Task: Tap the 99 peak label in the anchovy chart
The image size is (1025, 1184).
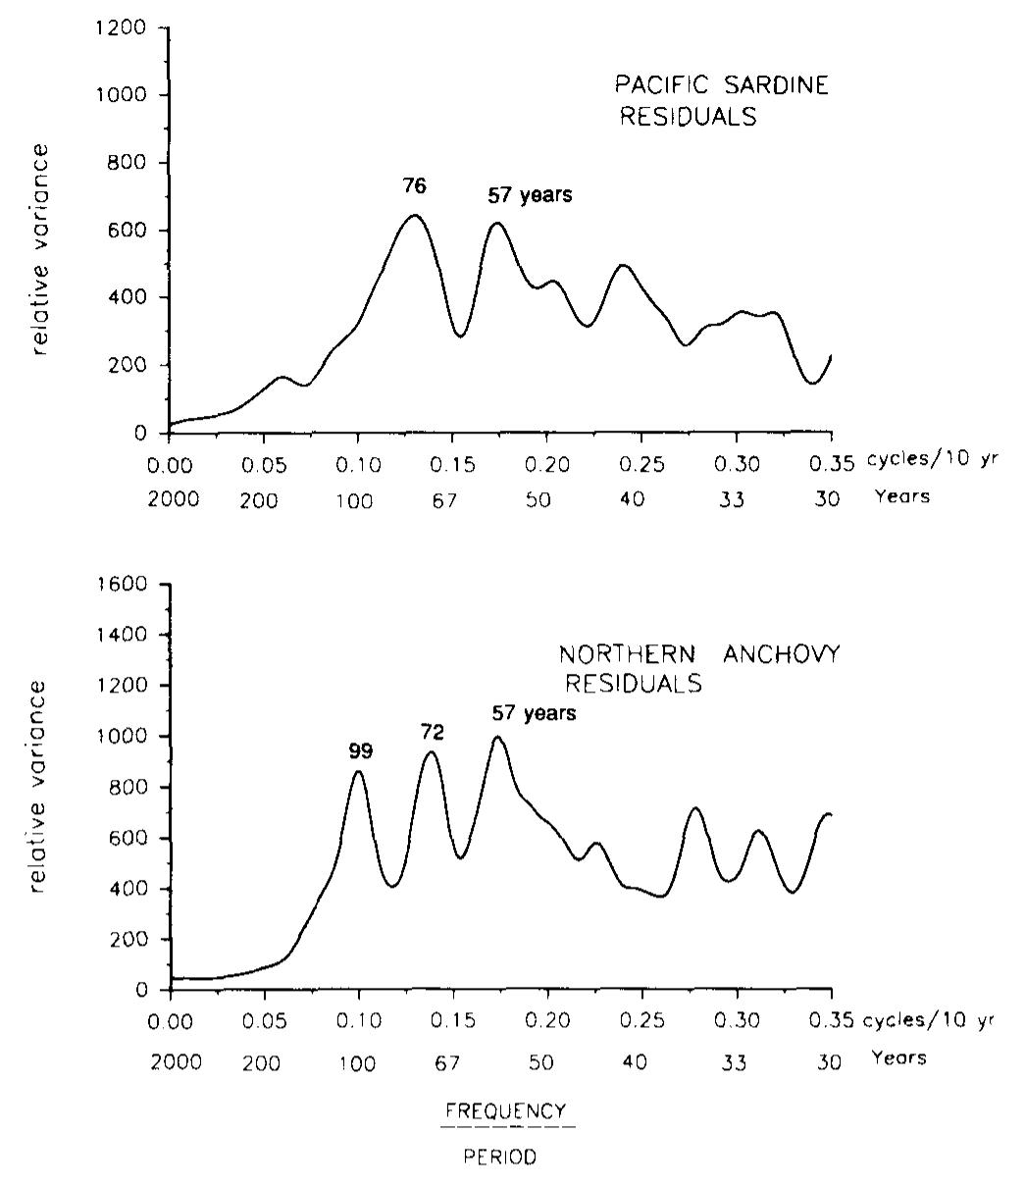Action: pyautogui.click(x=361, y=751)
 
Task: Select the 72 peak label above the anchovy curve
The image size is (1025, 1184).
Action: pyautogui.click(x=432, y=732)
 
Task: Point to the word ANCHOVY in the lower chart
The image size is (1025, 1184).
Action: pyautogui.click(x=782, y=655)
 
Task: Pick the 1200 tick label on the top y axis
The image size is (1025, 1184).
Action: pyautogui.click(x=128, y=28)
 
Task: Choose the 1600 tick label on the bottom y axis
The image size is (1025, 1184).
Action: pyautogui.click(x=128, y=585)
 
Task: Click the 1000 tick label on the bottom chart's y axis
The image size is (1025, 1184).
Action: pyautogui.click(x=128, y=737)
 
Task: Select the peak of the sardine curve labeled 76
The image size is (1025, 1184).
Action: pyautogui.click(x=415, y=215)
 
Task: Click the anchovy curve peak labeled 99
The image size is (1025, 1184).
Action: pyautogui.click(x=359, y=771)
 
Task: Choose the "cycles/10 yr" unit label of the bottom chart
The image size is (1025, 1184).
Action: pyautogui.click(x=928, y=1020)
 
